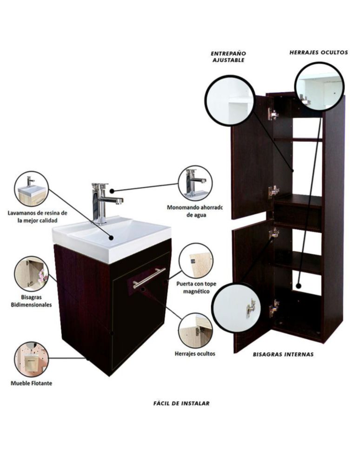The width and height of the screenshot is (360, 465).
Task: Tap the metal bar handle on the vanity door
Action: coord(149,278)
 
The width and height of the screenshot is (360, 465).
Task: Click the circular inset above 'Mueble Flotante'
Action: coord(32,359)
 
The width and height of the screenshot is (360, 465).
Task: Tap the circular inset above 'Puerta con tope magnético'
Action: coord(196,261)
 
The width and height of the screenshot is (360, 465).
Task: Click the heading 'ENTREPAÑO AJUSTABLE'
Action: coord(228,57)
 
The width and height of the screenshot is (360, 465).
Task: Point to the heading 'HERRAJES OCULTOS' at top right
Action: coord(319,53)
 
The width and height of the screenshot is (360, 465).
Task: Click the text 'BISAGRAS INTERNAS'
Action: coord(283,354)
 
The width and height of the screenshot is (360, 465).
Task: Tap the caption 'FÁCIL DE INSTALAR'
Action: coord(181,403)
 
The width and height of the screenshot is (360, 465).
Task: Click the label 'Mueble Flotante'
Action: coord(32,383)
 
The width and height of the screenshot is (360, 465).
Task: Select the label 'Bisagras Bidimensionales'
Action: coord(32,301)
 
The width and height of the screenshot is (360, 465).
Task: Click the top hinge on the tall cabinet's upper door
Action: coord(273,113)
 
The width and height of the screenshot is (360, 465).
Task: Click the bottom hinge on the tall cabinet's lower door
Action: coord(274,308)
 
